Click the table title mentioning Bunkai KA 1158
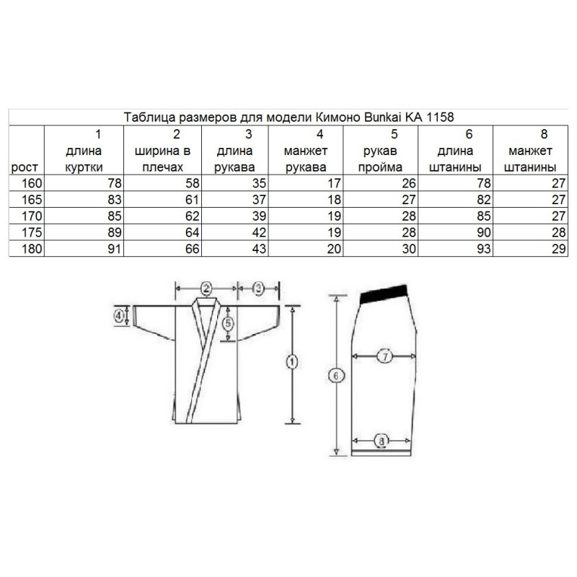tap(288, 118)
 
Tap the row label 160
tap(32, 183)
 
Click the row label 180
tap(32, 249)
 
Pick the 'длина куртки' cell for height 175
tap(115, 232)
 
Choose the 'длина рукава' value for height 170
tap(259, 216)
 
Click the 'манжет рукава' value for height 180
tap(334, 249)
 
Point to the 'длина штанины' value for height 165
tap(483, 200)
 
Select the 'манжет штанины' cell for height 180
tap(558, 249)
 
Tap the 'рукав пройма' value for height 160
tap(409, 183)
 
